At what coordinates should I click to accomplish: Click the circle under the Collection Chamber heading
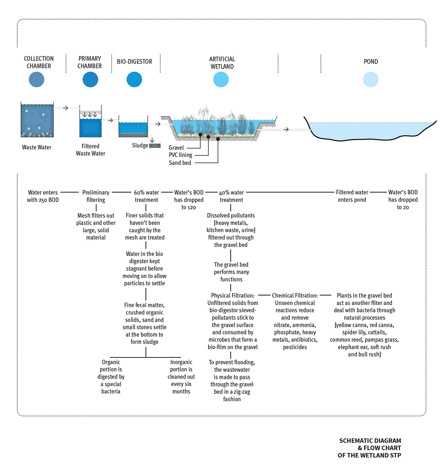(37, 79)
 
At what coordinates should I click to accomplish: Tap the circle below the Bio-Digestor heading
(134, 79)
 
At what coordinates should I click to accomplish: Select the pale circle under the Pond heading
(371, 79)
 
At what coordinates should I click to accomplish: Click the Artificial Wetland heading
(222, 63)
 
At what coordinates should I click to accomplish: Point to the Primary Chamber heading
(90, 62)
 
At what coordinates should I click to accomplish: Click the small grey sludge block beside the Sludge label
(155, 146)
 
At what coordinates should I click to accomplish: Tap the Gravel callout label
(176, 148)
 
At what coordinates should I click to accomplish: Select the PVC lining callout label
(181, 155)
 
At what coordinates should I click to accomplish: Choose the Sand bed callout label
(180, 163)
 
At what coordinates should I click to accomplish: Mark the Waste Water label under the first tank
(37, 147)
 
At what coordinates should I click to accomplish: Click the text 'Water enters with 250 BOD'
(43, 196)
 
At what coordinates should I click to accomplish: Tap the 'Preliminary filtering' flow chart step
(96, 196)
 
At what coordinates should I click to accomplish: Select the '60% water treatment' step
(146, 196)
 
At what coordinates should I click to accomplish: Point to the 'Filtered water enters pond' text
(352, 196)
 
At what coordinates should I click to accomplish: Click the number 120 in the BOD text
(191, 208)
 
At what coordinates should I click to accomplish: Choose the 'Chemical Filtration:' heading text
(295, 296)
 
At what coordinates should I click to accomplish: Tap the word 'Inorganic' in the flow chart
(181, 362)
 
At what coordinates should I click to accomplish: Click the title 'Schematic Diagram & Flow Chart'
(370, 444)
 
